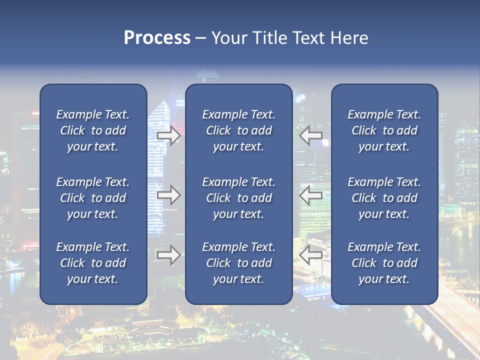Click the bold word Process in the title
point(157,38)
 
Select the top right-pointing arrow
point(169,135)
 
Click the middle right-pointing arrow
point(169,195)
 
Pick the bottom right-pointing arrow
point(169,255)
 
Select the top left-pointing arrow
point(311,135)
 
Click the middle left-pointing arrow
point(311,195)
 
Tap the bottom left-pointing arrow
point(311,255)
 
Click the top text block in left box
point(93,130)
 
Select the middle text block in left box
point(93,198)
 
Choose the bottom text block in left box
point(93,263)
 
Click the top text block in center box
point(238,130)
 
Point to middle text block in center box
point(238,198)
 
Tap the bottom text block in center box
point(238,263)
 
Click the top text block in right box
point(384,130)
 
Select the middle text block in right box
point(384,198)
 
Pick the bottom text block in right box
point(384,263)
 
